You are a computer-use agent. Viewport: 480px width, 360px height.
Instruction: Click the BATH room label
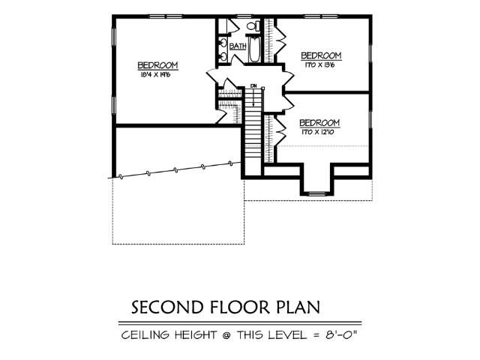[238, 46]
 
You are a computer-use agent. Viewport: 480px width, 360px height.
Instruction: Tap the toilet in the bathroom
[253, 27]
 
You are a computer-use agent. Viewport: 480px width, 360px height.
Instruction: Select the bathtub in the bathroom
[255, 52]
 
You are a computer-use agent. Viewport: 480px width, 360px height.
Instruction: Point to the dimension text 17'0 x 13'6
[320, 64]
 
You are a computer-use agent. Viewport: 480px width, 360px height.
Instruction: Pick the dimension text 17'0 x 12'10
[319, 132]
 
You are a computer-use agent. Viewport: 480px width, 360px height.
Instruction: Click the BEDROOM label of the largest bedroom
[157, 65]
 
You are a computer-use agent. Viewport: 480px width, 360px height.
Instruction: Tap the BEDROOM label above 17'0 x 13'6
[321, 55]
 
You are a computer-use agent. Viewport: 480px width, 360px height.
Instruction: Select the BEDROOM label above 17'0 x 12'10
[319, 123]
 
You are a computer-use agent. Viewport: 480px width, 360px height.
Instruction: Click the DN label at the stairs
[254, 85]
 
